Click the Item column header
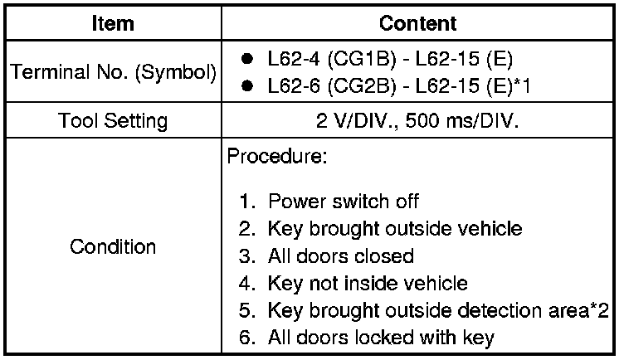(x=113, y=23)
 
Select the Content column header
(x=419, y=23)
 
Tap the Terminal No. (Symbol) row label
(x=113, y=73)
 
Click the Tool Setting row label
(x=113, y=121)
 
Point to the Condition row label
(x=113, y=246)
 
